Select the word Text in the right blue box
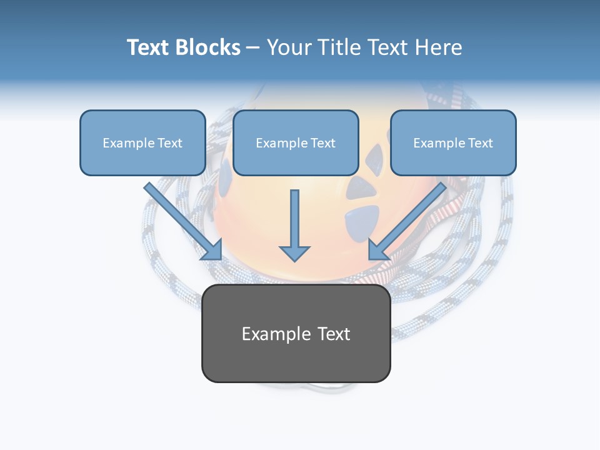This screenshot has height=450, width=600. pos(480,143)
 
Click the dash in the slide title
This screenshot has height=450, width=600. pos(253,47)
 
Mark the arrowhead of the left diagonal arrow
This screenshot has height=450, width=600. pos(213,250)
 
